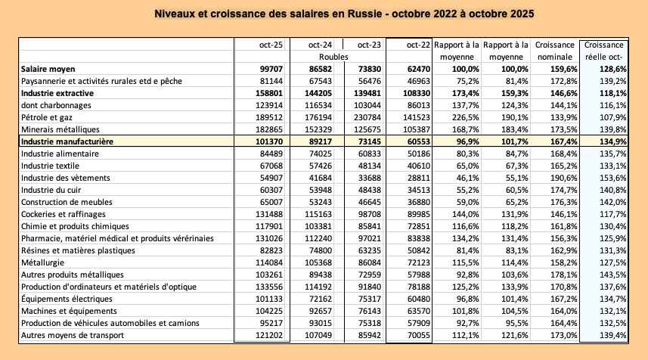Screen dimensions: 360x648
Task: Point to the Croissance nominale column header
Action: [x=554, y=51]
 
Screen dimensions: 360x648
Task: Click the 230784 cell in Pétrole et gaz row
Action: [x=364, y=117]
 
